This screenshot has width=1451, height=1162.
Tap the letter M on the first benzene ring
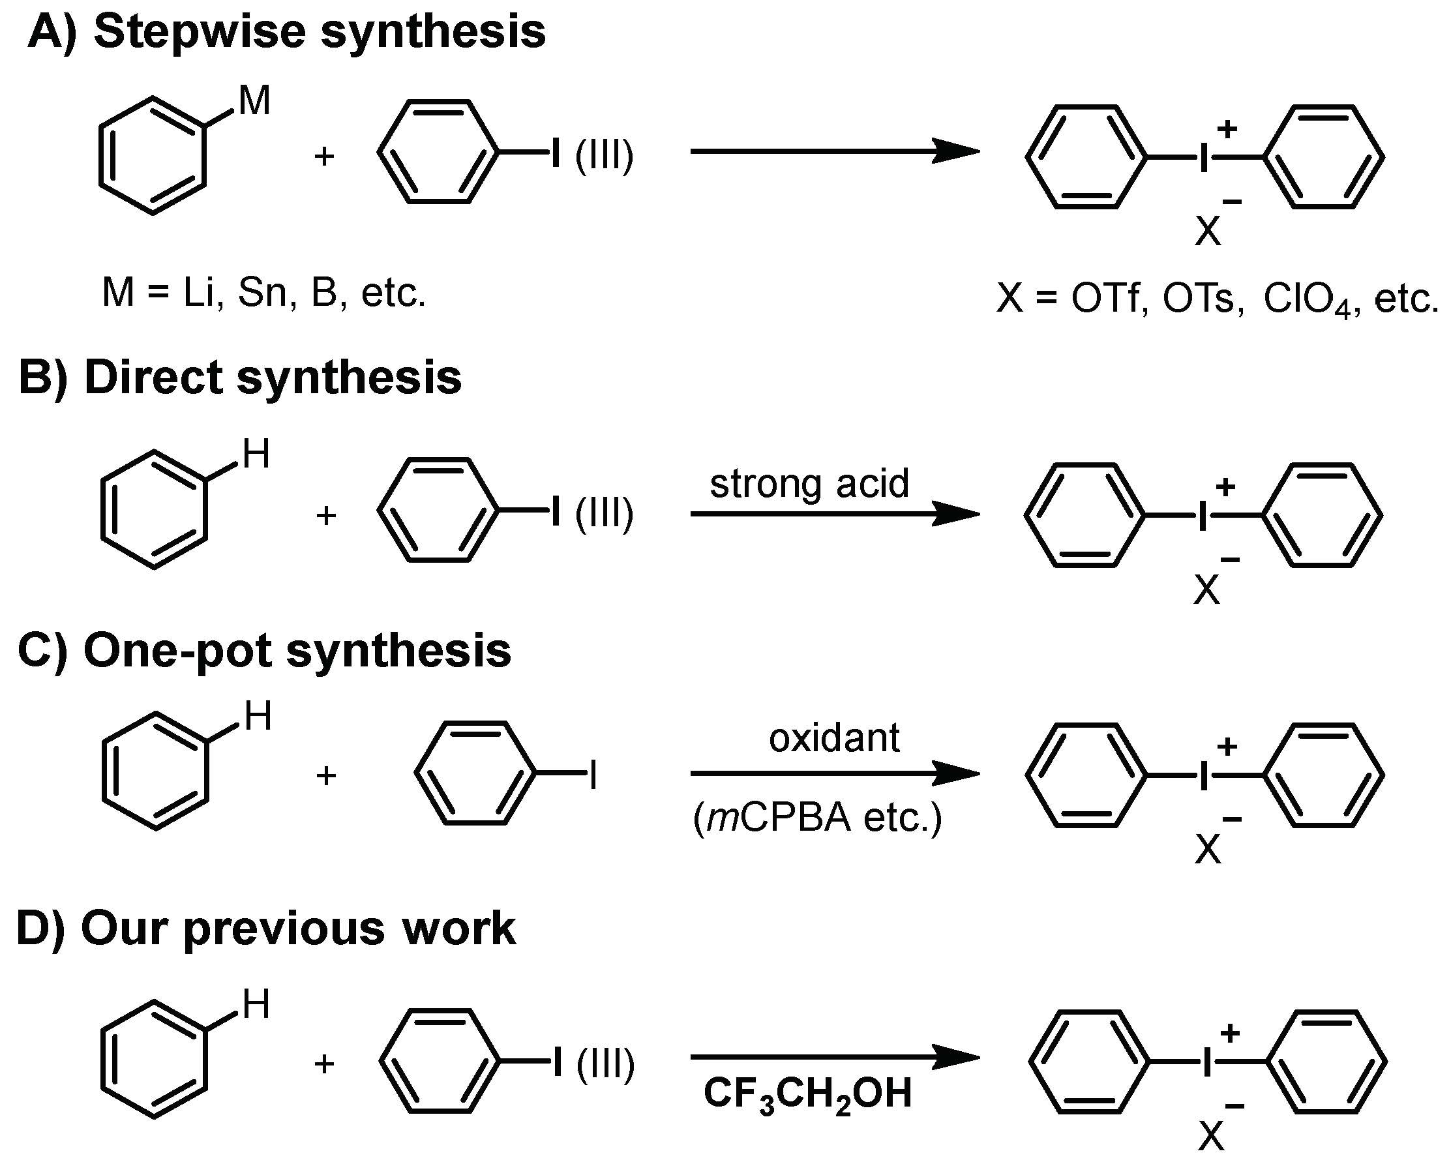[x=254, y=102]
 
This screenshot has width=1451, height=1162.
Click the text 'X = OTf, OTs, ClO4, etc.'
[x=1217, y=299]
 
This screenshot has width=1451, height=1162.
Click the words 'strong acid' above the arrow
[x=810, y=483]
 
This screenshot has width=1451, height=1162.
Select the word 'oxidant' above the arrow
[x=834, y=738]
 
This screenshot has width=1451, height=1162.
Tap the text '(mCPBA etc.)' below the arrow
[x=818, y=818]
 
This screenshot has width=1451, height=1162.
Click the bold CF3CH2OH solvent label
[x=807, y=1093]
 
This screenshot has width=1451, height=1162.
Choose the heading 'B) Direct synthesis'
[x=239, y=378]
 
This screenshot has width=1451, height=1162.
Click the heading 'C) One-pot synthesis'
[x=264, y=651]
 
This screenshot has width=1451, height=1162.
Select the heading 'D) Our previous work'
[x=266, y=929]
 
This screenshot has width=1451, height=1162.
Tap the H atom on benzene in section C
[x=258, y=716]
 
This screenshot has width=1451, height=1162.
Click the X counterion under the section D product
[x=1211, y=1138]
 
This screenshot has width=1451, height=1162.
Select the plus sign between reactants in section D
[x=324, y=1064]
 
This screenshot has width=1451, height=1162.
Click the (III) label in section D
[x=605, y=1064]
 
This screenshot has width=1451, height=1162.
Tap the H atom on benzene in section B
[x=256, y=454]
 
